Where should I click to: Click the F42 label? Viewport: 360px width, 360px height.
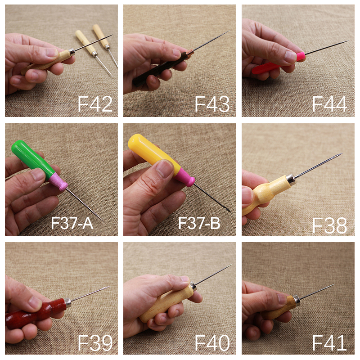point(95,104)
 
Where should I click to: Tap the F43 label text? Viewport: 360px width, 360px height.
point(212,104)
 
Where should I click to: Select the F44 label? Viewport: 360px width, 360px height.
point(330,104)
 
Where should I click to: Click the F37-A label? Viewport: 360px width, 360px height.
point(72,223)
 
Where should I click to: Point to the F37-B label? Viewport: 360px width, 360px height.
point(199,223)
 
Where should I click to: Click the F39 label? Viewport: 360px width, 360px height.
point(95,343)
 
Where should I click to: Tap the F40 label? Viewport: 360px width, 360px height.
point(212,343)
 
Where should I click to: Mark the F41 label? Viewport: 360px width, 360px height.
point(330,343)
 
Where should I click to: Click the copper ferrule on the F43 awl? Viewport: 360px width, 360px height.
point(189,54)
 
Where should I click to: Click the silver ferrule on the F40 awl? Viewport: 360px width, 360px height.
point(192,286)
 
